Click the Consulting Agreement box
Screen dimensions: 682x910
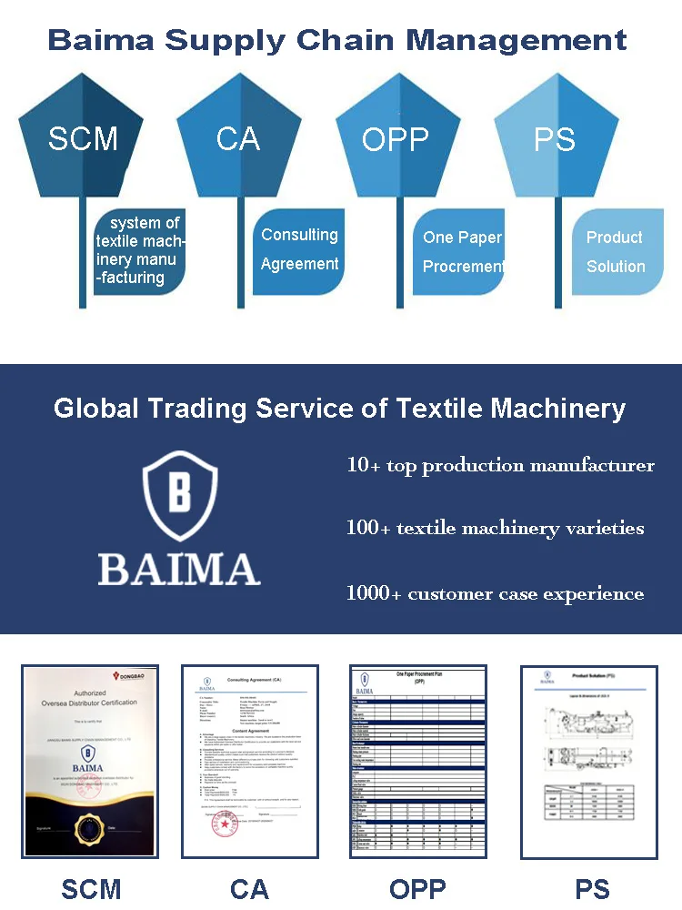pos(299,249)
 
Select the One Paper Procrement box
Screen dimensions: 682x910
pos(462,251)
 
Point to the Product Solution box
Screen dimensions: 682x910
pos(616,251)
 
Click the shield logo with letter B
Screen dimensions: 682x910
pos(179,497)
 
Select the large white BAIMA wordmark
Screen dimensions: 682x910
pos(179,568)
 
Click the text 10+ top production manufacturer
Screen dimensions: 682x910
pos(500,465)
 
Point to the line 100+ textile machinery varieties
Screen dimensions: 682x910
pos(495,528)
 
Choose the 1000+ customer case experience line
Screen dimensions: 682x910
pos(495,594)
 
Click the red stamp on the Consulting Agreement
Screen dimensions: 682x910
pos(224,824)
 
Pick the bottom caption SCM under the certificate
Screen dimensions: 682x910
pos(91,889)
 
